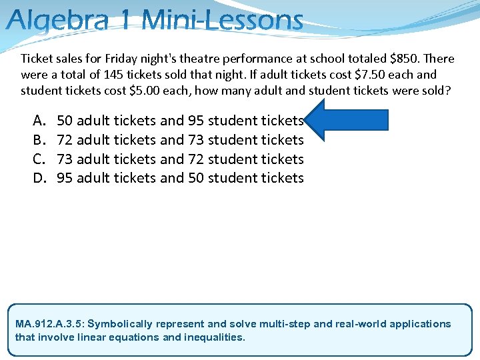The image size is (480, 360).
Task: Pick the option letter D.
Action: pos(38,178)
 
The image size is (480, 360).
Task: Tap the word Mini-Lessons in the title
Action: pos(223,20)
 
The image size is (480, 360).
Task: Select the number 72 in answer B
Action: pos(65,140)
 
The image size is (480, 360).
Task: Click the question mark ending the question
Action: pos(447,91)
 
